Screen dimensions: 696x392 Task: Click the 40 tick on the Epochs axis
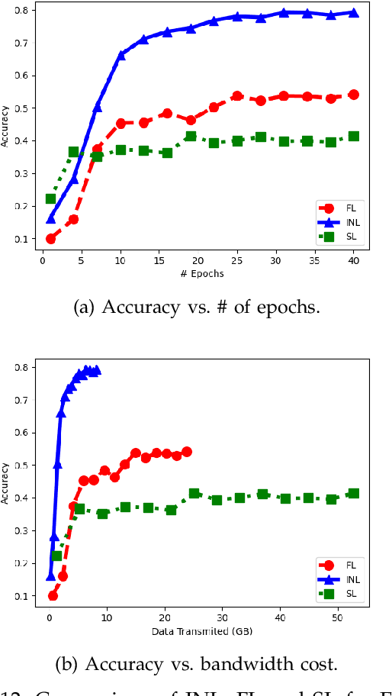point(353,261)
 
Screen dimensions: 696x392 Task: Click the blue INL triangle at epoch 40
point(353,12)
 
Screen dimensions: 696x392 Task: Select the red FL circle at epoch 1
point(51,238)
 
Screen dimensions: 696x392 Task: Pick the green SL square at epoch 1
point(51,198)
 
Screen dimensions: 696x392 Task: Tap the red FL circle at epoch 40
point(353,95)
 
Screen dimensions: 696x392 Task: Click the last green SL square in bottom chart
point(353,493)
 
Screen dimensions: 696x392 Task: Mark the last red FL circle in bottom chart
point(187,452)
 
